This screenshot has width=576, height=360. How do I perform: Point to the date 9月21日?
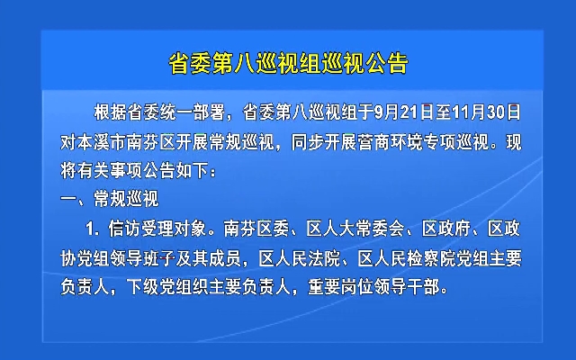pos(404,112)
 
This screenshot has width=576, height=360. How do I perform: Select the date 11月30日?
pos(487,112)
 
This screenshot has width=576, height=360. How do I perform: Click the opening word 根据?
pos(110,112)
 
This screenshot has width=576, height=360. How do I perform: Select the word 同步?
pos(308,142)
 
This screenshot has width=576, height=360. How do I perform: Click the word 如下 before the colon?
pos(192,171)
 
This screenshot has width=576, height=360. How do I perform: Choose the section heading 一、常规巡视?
pos(110,200)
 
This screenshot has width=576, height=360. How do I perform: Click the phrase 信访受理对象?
pos(157,229)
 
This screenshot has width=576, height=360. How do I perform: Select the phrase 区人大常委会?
pos(355,229)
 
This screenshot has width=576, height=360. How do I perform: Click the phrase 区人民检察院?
pos(407,259)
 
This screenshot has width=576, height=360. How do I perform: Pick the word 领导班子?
pos(142,259)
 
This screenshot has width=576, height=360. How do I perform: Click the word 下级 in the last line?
pos(143,286)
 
